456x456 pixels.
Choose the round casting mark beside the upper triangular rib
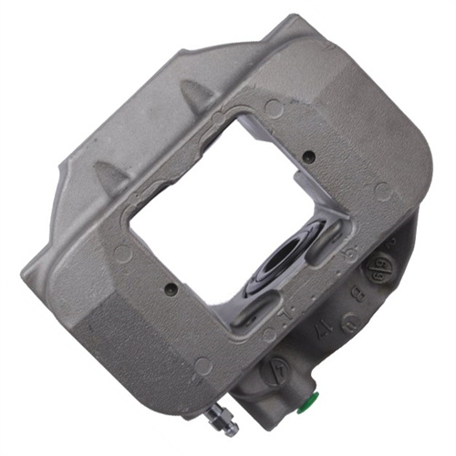click(x=273, y=109)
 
